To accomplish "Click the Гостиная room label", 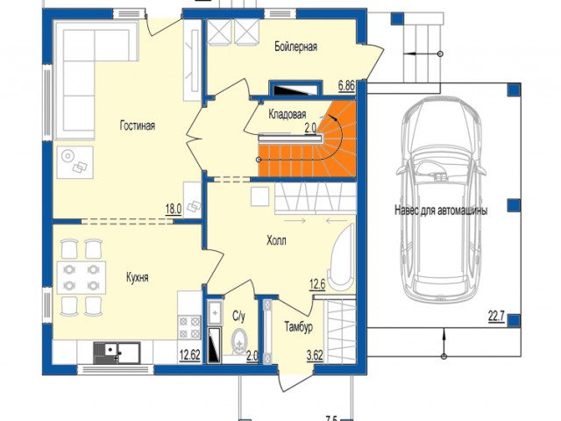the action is (138, 126).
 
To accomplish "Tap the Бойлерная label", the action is (296, 46).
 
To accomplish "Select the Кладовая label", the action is (288, 114).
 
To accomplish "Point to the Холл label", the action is (276, 240).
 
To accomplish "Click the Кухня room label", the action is (138, 277).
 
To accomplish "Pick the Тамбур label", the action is (299, 327).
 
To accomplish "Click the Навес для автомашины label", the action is (441, 210).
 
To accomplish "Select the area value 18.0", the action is (174, 209).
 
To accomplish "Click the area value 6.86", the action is (346, 86).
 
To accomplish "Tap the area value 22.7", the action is (496, 317).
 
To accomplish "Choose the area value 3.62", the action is (315, 355).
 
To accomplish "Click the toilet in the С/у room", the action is (239, 341).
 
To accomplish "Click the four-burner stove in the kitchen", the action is (189, 327).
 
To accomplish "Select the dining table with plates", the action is (82, 277).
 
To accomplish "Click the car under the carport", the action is (441, 199).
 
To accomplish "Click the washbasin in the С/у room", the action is (215, 313).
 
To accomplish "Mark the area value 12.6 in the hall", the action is (317, 285).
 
